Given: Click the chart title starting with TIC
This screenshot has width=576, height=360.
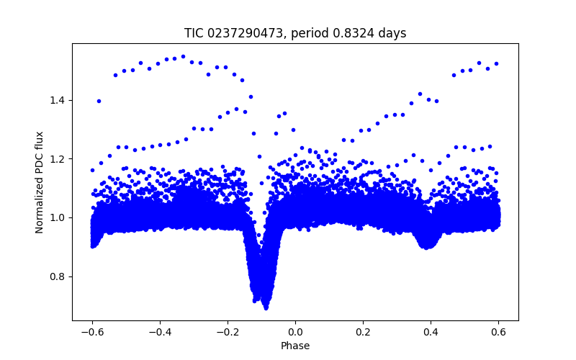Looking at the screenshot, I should click(295, 33).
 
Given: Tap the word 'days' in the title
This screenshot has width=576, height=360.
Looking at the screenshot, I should click(393, 33).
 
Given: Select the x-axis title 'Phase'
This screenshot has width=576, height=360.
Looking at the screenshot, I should click(295, 346).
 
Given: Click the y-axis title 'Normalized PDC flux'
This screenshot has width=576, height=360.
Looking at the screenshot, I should click(40, 182).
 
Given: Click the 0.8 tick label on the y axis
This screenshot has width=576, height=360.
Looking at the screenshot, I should click(58, 276).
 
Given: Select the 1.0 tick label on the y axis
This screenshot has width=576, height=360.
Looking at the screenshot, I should click(58, 217).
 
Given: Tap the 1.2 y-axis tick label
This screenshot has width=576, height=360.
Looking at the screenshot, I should click(58, 158).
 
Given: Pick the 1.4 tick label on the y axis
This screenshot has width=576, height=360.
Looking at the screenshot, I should click(58, 99).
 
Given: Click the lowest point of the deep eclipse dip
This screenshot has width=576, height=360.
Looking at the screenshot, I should click(266, 307).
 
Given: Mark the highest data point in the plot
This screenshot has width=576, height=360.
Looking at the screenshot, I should click(183, 56).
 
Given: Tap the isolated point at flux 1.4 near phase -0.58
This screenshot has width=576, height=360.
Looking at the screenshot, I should click(99, 101).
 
